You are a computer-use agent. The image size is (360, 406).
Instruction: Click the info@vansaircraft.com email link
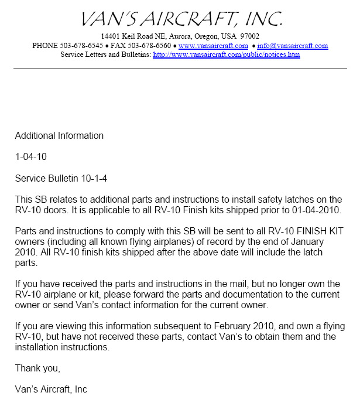point(292,46)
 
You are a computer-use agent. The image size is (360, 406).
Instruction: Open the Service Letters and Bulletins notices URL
point(227,54)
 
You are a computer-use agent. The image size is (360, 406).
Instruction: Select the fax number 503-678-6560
point(149,46)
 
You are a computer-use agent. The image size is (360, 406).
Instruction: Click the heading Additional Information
point(59,136)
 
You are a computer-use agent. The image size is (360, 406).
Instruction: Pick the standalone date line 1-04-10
point(31,157)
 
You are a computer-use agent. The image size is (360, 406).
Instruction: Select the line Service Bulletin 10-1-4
point(61,178)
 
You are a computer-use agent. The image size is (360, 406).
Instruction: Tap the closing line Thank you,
point(37,369)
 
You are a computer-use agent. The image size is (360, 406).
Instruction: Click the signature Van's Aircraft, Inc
point(51,390)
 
